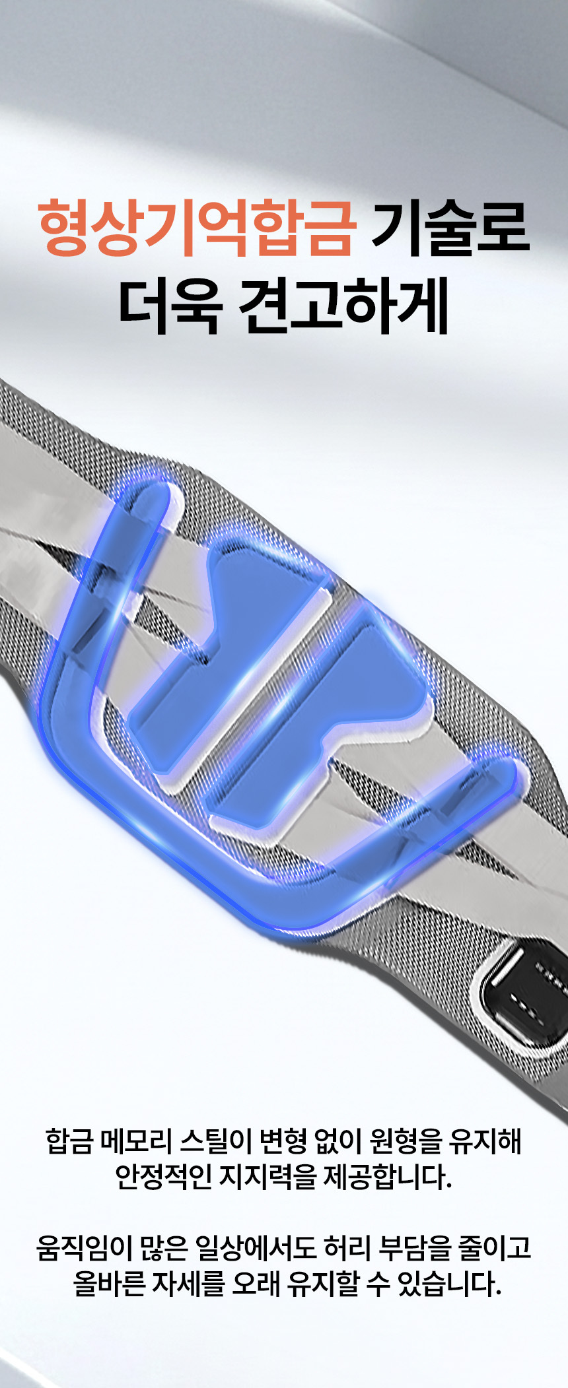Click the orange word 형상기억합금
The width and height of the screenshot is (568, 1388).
pyautogui.click(x=197, y=228)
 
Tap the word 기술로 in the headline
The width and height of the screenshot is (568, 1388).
pyautogui.click(x=451, y=228)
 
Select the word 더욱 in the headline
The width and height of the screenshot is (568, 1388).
pyautogui.click(x=169, y=306)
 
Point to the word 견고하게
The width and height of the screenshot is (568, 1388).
pyautogui.click(x=343, y=306)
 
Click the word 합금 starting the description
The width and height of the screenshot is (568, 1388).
pyautogui.click(x=69, y=1141)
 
